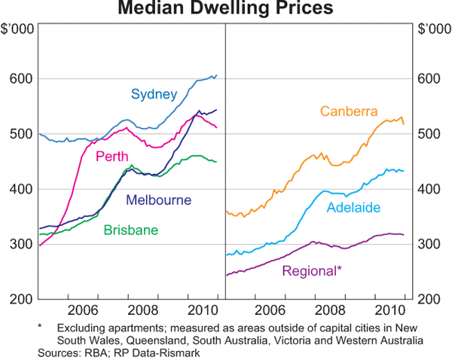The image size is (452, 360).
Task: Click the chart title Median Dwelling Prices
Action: click(226, 9)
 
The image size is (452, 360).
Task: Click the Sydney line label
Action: click(154, 95)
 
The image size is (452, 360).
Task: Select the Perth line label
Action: click(110, 156)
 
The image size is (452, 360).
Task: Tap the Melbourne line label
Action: click(158, 200)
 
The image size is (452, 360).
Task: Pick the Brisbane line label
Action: click(130, 230)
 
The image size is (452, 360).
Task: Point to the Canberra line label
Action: click(349, 112)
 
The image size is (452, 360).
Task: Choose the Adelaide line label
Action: click(354, 207)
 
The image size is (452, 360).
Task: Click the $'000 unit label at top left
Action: click(17, 29)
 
